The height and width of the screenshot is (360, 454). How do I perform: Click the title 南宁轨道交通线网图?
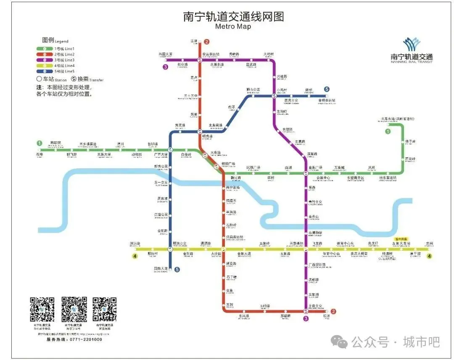(233, 16)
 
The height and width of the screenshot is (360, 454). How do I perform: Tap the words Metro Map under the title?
(233, 26)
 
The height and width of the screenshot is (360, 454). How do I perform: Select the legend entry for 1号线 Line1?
(55, 49)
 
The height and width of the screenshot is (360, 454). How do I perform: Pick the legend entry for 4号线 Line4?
(55, 66)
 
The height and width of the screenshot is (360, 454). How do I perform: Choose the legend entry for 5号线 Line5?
(55, 71)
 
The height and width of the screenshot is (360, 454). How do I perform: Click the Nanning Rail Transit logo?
(412, 50)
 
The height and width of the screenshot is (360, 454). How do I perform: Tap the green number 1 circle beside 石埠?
(40, 143)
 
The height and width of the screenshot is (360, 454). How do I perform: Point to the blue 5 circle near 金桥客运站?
(327, 89)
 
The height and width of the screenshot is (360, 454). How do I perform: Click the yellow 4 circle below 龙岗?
(429, 256)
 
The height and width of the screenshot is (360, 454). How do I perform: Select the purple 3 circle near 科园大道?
(166, 67)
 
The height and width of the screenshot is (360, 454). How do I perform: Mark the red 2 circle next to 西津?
(206, 42)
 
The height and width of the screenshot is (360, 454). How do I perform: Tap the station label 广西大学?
(161, 155)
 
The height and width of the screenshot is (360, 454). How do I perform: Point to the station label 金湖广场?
(315, 167)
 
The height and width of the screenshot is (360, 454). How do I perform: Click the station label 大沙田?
(216, 254)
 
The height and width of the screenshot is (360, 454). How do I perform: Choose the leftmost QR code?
(42, 309)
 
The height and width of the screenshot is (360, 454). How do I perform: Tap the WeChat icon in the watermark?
(339, 342)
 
